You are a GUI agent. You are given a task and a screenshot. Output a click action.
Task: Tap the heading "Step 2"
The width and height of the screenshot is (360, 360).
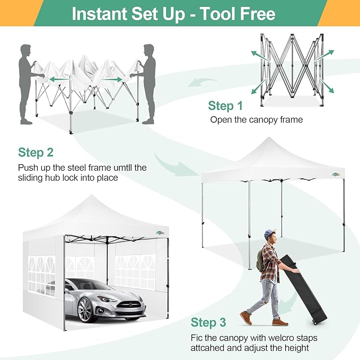[x=36, y=153]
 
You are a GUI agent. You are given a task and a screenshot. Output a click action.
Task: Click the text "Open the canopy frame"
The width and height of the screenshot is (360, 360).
[x=256, y=119]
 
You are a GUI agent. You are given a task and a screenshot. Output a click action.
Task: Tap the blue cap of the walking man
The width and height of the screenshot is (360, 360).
[x=270, y=233]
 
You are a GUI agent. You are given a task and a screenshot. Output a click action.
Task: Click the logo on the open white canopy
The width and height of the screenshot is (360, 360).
[x=336, y=174]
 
